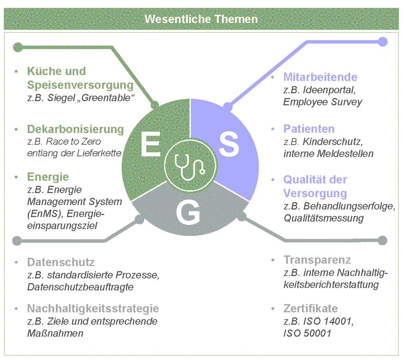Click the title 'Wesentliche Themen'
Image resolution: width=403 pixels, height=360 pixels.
(201, 19)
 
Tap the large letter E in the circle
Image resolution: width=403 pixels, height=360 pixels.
(151, 145)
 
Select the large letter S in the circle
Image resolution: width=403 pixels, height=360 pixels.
(229, 145)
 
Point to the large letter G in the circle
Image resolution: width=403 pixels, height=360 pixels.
(188, 213)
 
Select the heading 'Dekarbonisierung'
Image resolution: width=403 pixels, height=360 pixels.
(75, 129)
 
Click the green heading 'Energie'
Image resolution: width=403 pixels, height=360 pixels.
(48, 177)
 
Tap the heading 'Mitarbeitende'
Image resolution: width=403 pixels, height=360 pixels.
(320, 77)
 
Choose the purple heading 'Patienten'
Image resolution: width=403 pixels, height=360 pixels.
(309, 129)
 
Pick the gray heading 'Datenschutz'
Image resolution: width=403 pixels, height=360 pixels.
(61, 262)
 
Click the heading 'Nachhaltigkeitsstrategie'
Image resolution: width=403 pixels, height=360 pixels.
(93, 308)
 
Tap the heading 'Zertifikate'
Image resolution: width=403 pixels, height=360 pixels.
(310, 308)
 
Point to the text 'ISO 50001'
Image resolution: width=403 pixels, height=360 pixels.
(307, 333)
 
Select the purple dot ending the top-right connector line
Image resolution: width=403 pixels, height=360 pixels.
(383, 42)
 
